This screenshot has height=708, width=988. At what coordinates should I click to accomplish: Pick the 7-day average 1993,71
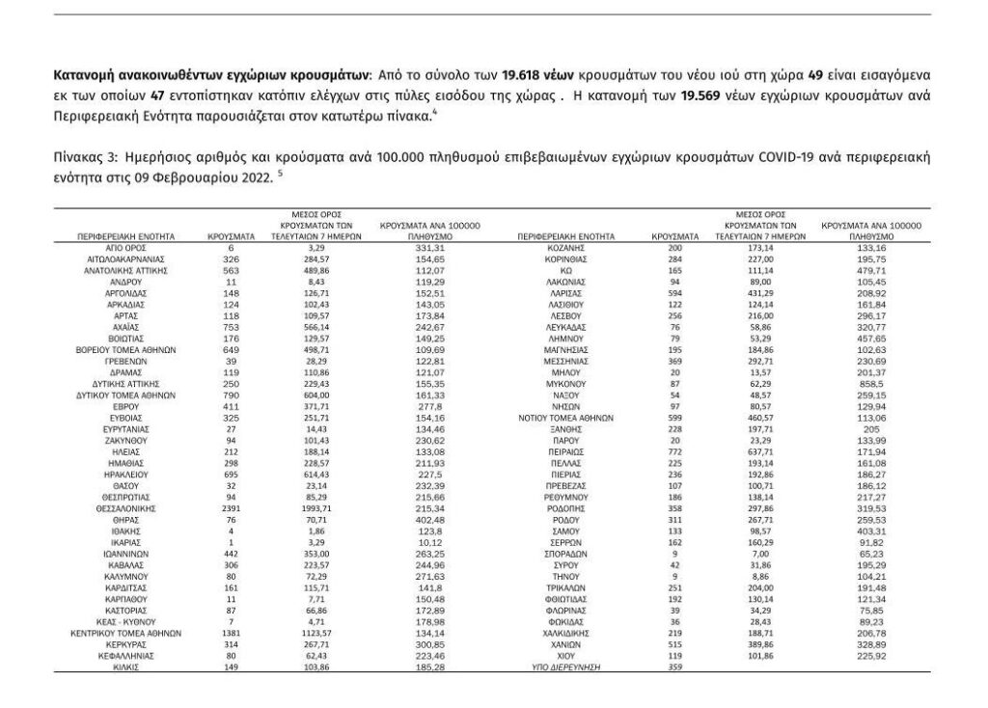pyautogui.click(x=322, y=507)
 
